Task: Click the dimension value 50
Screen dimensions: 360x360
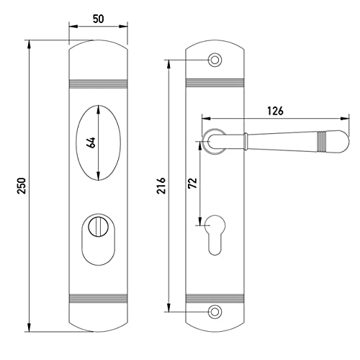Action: (99, 19)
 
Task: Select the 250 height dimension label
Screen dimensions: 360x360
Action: (22, 186)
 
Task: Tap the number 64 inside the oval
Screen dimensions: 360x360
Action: (91, 143)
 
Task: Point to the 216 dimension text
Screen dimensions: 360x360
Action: (161, 186)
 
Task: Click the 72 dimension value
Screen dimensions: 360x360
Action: (192, 183)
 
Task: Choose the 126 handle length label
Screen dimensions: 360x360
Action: (275, 111)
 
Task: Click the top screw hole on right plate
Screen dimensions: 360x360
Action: (215, 60)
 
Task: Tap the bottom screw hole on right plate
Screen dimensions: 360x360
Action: (215, 312)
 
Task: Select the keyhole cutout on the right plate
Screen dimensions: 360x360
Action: (215, 235)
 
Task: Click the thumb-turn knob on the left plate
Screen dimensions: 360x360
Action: (96, 226)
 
